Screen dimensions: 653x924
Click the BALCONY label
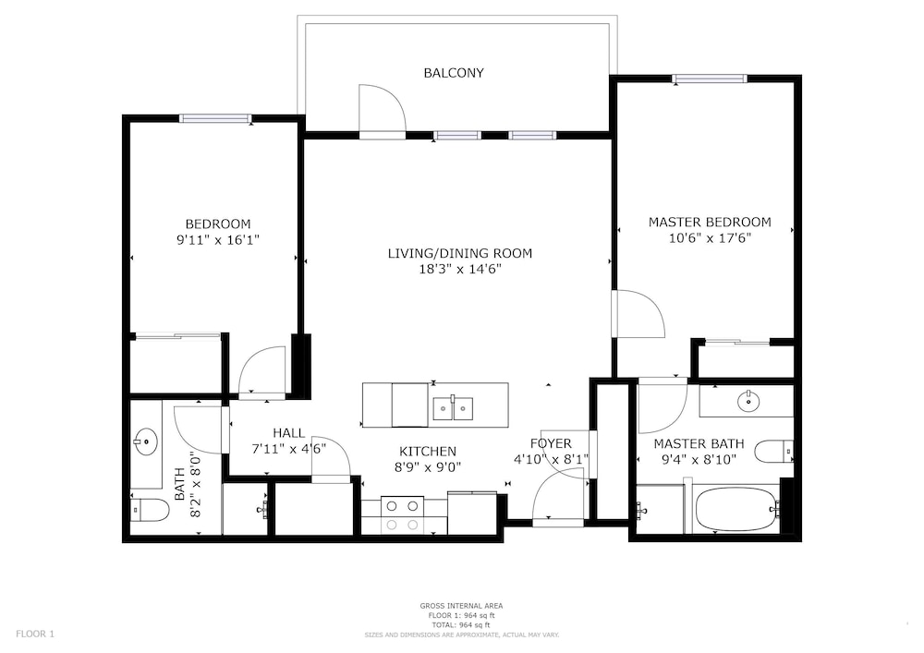point(453,73)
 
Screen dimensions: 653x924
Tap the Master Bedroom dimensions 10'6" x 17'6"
point(709,238)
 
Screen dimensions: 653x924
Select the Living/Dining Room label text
point(460,253)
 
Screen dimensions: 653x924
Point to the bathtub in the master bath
point(736,509)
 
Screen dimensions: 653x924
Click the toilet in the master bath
point(772,452)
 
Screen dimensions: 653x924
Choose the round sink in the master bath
point(746,401)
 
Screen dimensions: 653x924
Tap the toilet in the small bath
point(150,510)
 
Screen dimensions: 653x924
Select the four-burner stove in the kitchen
point(402,514)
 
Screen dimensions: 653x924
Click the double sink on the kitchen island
point(453,406)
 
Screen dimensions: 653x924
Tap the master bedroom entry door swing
point(639,314)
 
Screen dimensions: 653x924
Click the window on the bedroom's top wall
point(215,118)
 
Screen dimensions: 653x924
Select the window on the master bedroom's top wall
point(709,79)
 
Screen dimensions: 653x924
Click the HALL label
point(288,433)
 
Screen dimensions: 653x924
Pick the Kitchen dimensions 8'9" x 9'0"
point(428,467)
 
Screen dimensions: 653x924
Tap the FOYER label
point(550,444)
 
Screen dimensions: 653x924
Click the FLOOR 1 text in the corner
point(35,634)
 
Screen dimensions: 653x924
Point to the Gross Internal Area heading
point(461,606)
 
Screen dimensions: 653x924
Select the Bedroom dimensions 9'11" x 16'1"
point(217,240)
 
